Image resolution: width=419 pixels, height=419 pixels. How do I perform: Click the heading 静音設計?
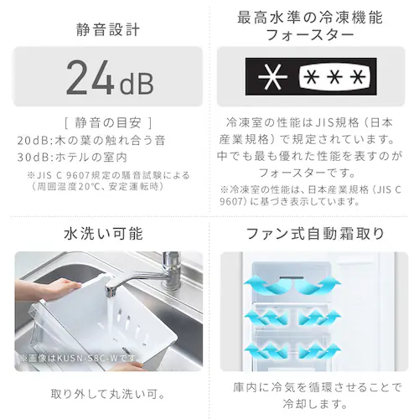pyautogui.click(x=108, y=30)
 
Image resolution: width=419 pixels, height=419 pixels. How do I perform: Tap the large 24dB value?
pyautogui.click(x=110, y=77)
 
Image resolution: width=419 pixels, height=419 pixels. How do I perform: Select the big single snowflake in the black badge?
pyautogui.click(x=272, y=77)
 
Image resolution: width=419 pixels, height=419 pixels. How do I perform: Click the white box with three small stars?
pyautogui.click(x=334, y=76)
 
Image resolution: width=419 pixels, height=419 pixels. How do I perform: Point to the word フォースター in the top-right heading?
pyautogui.click(x=310, y=35)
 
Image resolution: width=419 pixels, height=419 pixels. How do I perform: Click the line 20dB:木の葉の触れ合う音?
pyautogui.click(x=91, y=140)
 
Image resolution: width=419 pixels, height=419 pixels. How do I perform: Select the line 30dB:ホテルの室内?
pyautogui.click(x=72, y=158)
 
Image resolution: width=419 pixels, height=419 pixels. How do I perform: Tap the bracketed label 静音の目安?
pyautogui.click(x=108, y=123)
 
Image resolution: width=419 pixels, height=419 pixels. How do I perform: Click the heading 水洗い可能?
pyautogui.click(x=104, y=234)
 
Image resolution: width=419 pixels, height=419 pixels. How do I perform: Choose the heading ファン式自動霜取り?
pyautogui.click(x=315, y=234)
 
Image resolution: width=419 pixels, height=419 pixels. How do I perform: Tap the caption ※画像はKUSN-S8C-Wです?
pyautogui.click(x=80, y=358)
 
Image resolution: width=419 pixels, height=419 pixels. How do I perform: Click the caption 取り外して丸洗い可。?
pyautogui.click(x=108, y=394)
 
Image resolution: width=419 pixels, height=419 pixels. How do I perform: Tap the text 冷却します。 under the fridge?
pyautogui.click(x=315, y=404)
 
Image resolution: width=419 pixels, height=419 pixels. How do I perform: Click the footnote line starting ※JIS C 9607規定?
pyautogui.click(x=108, y=175)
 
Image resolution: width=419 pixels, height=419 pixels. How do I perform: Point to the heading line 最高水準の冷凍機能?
pyautogui.click(x=310, y=18)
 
